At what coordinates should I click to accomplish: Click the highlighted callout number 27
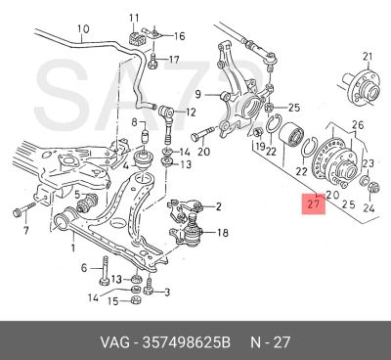pos(313,204)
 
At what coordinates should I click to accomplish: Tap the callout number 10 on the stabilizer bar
pos(83,29)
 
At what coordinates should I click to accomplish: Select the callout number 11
pos(134,18)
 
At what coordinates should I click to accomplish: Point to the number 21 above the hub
pos(368,57)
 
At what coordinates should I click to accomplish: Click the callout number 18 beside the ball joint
pos(222,233)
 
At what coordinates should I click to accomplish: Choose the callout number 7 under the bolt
pos(25,230)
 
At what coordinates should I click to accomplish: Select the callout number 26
pos(358,125)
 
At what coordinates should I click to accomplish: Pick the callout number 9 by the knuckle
pos(198,95)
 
